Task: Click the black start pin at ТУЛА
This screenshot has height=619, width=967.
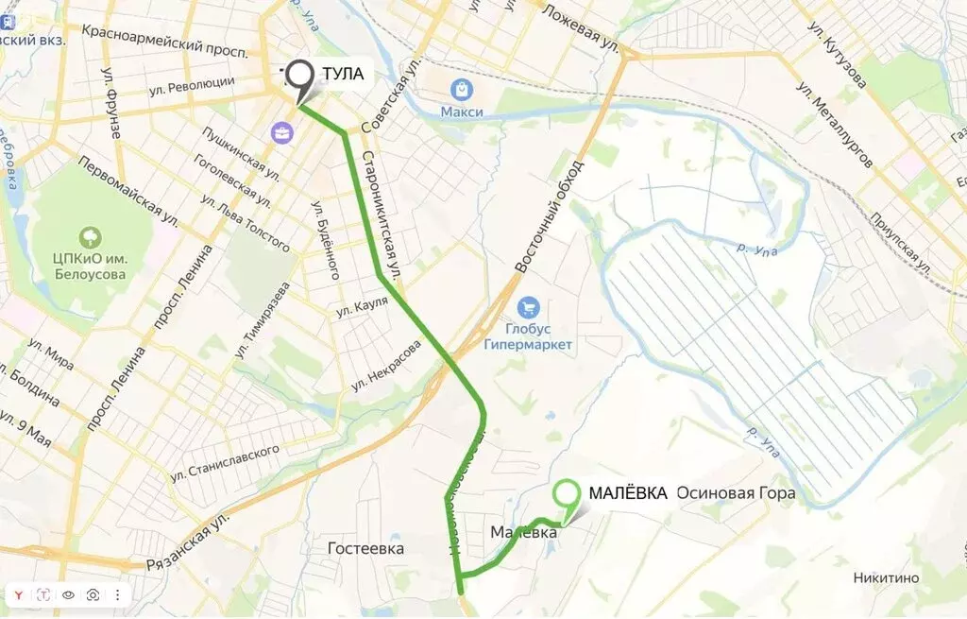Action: coord(300,77)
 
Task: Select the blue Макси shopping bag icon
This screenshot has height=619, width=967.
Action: coord(462,90)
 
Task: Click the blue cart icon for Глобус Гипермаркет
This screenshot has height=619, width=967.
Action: coord(528,308)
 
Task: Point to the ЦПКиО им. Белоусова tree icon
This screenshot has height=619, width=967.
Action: coord(92,235)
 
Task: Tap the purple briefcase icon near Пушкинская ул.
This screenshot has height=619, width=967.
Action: coord(281,132)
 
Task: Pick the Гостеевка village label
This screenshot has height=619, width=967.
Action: coord(365,548)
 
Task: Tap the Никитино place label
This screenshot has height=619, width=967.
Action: coord(886,578)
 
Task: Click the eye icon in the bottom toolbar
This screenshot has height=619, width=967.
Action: coord(68,595)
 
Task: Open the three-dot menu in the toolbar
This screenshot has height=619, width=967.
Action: coord(117,595)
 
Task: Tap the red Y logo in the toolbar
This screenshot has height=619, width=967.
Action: coord(19,595)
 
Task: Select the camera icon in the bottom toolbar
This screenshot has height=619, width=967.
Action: coord(93,595)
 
